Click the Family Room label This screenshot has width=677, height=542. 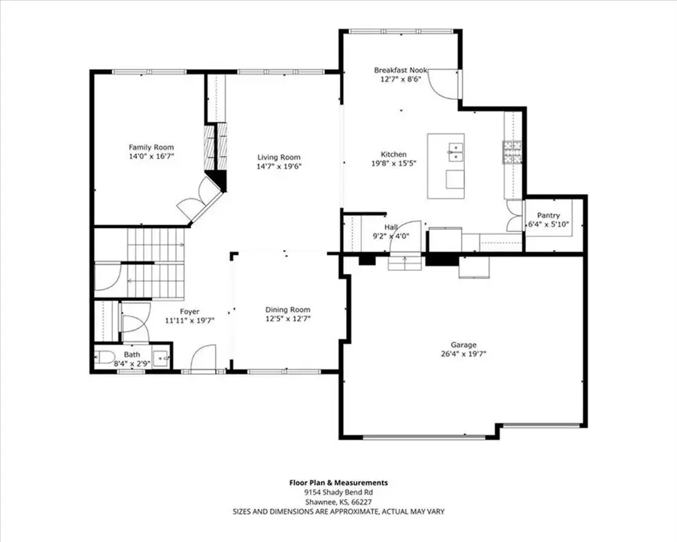point(151,147)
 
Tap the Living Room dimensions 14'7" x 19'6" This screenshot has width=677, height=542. point(279,167)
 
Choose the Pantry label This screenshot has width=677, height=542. point(554,215)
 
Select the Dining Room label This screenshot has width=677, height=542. point(287,309)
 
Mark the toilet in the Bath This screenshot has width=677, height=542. point(105,356)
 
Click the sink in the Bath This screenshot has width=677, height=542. point(162,356)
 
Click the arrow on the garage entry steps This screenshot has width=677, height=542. point(405,261)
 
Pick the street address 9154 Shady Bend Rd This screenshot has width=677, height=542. point(338,492)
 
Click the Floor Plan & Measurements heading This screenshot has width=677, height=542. point(338,483)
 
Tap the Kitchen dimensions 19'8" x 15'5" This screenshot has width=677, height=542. point(393,163)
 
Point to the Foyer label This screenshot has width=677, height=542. point(190,311)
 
